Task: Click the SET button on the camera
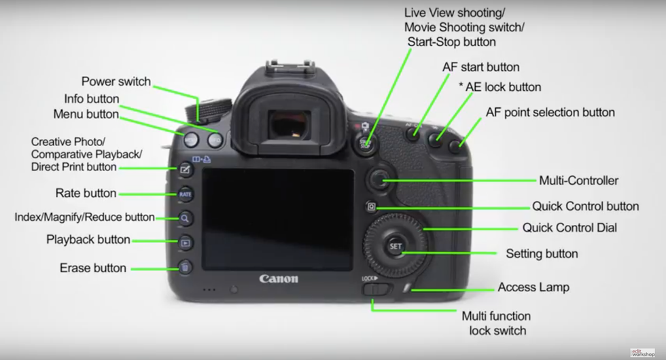point(396,246)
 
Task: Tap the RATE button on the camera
point(185,194)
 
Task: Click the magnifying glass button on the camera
point(185,219)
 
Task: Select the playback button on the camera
point(185,243)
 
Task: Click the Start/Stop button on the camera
point(366,143)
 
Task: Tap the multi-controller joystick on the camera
point(378,179)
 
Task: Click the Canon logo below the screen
point(279,279)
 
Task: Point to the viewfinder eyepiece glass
point(290,126)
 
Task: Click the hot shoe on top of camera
point(291,65)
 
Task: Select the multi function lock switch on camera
point(375,289)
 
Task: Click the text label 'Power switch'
point(116,81)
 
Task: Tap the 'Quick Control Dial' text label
point(569,228)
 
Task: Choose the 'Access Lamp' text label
point(533,287)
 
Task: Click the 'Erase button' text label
point(93,268)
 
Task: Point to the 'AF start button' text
point(481,67)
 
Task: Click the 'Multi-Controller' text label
point(578,181)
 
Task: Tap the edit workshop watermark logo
point(643,353)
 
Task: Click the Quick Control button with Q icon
point(371,206)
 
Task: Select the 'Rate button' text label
point(86,193)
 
